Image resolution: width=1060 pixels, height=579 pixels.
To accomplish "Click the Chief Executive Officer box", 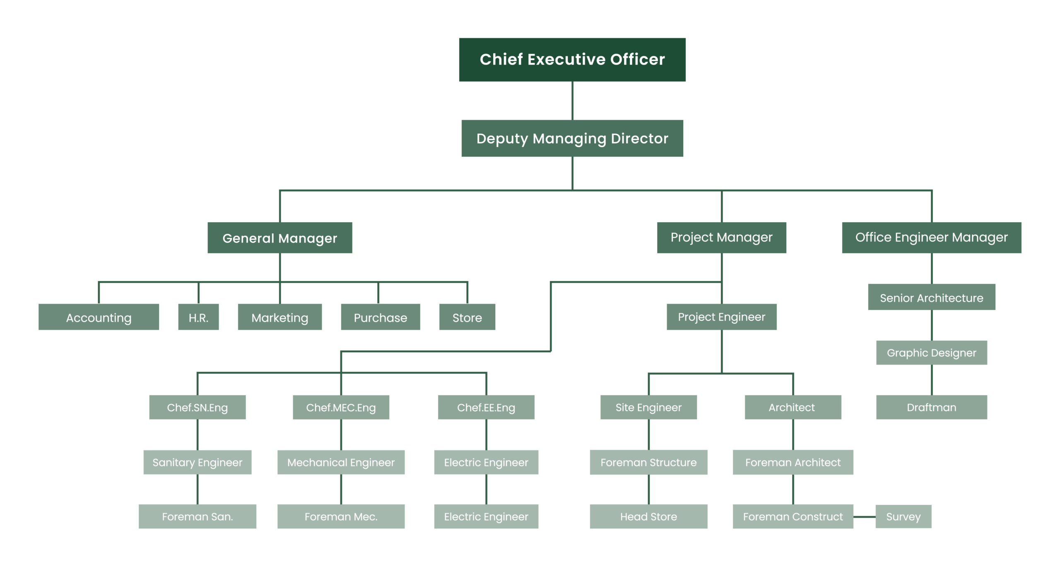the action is (x=572, y=60).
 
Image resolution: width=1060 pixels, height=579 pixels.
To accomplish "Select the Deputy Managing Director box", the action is (x=572, y=138).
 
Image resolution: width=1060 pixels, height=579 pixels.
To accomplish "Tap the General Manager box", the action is (x=280, y=238).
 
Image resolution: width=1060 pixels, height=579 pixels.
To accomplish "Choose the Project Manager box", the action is (x=722, y=238).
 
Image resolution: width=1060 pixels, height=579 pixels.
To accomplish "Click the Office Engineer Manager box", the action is (x=932, y=238).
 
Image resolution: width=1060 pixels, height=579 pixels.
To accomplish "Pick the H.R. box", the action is (x=198, y=317).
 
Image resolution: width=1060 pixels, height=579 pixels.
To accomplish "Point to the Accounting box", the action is (x=99, y=317).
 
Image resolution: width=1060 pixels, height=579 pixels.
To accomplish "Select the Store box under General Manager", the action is (x=467, y=317).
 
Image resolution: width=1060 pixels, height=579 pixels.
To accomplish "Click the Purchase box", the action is (x=381, y=317).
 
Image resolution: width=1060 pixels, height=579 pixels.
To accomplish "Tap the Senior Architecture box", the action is (x=932, y=297).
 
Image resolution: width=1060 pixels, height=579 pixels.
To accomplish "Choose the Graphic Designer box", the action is (x=932, y=353).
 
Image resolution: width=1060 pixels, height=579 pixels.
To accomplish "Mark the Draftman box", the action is (x=932, y=407).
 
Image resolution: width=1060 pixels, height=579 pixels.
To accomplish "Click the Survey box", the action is (x=903, y=516).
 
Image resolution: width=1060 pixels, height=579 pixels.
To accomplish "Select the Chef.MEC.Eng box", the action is (x=341, y=407).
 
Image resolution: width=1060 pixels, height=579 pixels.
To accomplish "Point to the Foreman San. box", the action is (x=198, y=516).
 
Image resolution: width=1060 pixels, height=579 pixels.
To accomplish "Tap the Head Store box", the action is (x=649, y=516).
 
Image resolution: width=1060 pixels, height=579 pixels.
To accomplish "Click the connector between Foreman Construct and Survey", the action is (x=865, y=517).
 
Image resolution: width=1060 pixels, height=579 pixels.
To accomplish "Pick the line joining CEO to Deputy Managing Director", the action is (x=572, y=101).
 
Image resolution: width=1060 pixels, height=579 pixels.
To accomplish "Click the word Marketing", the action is (x=280, y=318).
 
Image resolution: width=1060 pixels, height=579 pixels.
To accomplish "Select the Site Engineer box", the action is (x=649, y=407).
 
